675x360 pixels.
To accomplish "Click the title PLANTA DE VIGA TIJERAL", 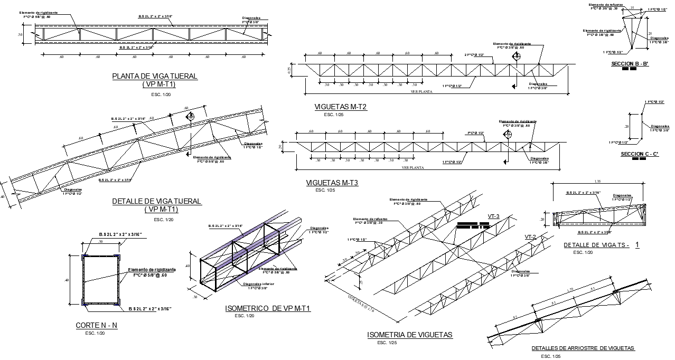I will click(x=155, y=76).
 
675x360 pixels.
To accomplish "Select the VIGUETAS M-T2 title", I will click(x=340, y=107).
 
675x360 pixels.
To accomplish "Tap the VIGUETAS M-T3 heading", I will click(x=332, y=183).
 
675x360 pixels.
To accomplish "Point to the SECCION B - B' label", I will click(x=629, y=64).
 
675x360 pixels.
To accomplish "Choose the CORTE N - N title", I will click(x=96, y=326).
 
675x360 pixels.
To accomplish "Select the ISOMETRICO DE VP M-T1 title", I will click(x=268, y=309).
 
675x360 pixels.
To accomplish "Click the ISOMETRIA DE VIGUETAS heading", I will click(x=409, y=335).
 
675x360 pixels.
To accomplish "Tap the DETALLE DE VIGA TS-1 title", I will click(x=601, y=245).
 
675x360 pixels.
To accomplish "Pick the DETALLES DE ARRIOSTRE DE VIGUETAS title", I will click(x=583, y=348).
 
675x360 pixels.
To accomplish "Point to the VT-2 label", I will click(x=530, y=236).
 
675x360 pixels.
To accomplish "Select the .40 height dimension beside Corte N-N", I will click(x=67, y=280).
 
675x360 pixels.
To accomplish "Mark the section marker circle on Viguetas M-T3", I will click(x=508, y=134).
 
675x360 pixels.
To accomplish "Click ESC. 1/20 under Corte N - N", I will click(x=95, y=333).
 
